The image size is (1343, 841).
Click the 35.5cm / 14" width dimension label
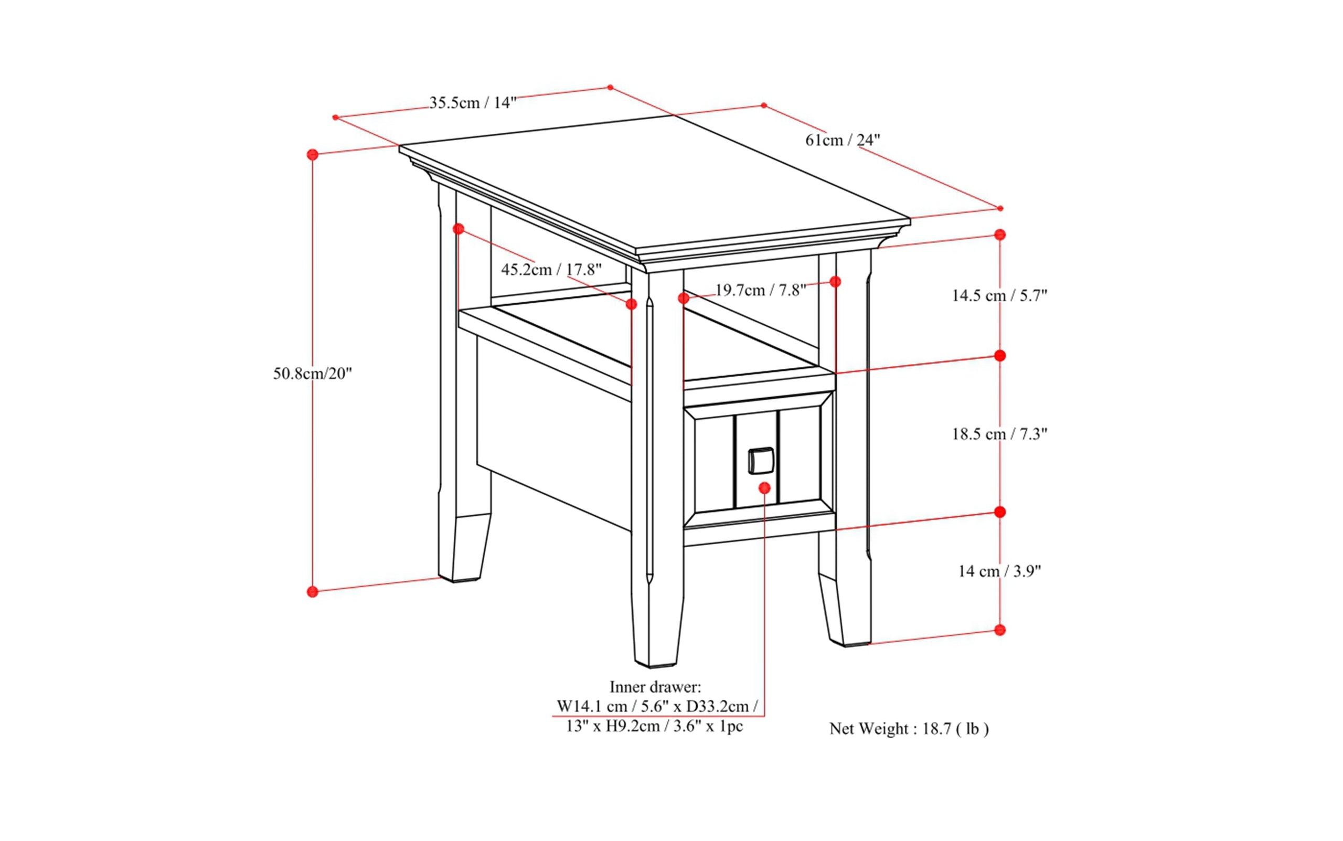(473, 103)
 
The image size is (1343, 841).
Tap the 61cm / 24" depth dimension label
(843, 140)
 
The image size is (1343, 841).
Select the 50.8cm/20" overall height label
(313, 373)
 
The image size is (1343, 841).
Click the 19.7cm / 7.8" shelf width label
(760, 290)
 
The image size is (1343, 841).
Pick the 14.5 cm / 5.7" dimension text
(999, 295)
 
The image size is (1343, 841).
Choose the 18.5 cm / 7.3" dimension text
(999, 434)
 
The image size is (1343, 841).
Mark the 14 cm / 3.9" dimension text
(999, 571)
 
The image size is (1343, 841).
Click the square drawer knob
(760, 461)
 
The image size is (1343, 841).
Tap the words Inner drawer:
(655, 686)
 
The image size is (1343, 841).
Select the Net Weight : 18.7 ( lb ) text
(909, 729)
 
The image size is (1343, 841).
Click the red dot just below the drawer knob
(765, 488)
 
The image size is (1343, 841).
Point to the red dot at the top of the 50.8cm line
(313, 155)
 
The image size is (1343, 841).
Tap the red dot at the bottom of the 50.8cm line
(313, 591)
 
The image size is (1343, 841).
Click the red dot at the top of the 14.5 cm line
(1000, 235)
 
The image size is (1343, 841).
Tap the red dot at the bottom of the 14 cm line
(1000, 630)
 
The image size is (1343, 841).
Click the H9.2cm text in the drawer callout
(632, 727)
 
